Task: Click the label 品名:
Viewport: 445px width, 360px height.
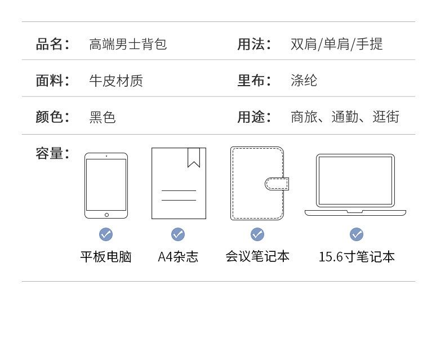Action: coord(52,44)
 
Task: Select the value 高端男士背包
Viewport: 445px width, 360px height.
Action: coord(128,44)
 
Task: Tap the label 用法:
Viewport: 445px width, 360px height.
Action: coord(254,44)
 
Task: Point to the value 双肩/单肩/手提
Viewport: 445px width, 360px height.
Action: coord(336,44)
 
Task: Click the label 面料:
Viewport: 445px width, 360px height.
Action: coord(52,81)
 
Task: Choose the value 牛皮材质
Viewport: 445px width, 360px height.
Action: coord(116,81)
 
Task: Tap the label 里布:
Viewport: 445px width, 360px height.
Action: coord(254,81)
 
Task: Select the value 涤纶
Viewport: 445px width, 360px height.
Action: coord(304,81)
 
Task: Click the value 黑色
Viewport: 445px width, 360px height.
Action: coord(103,117)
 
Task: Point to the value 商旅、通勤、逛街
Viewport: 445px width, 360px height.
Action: coord(345,117)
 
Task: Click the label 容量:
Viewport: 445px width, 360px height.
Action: coord(52,153)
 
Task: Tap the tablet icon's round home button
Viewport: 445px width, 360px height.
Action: coord(106,215)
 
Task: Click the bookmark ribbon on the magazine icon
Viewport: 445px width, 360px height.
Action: coord(194,157)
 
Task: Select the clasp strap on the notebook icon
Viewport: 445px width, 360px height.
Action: coord(277,184)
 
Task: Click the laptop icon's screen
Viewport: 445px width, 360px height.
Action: coord(355,180)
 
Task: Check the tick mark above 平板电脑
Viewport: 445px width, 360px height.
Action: coord(106,234)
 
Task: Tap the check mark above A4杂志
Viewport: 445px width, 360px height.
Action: coord(178,234)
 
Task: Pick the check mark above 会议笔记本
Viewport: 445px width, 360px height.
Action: coord(257,234)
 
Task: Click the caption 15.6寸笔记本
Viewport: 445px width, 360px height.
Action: coord(357,257)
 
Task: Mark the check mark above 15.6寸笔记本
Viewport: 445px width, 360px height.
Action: coord(356,234)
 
